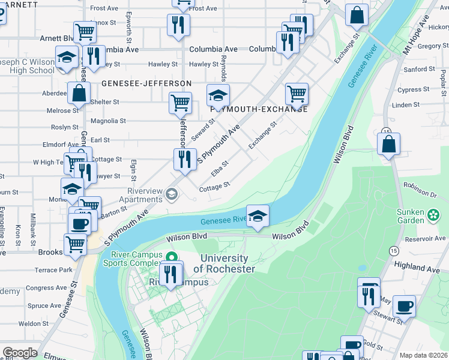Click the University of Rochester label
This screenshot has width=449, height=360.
click(224, 263)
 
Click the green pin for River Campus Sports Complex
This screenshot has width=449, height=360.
click(172, 257)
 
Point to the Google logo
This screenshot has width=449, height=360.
click(20, 353)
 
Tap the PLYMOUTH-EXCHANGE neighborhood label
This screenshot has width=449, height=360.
click(259, 109)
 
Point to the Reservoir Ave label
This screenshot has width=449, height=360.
click(425, 238)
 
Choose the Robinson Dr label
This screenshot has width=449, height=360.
click(420, 187)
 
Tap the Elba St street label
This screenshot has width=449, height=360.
click(220, 168)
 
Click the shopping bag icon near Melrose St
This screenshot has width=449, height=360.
click(79, 94)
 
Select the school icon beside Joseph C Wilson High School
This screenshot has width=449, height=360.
click(66, 58)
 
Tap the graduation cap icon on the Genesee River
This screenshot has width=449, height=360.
click(258, 216)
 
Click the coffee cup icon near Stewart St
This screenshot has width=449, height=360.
click(404, 306)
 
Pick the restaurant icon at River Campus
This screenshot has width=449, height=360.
click(171, 274)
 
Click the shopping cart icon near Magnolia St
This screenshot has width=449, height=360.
click(180, 103)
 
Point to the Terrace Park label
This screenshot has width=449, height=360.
click(53, 271)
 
